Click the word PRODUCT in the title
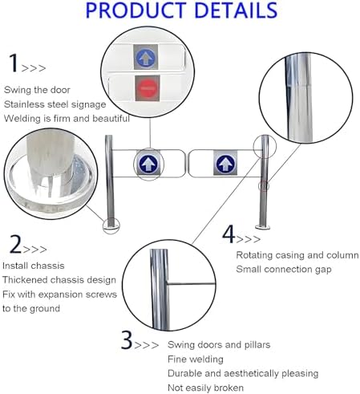click(x=131, y=11)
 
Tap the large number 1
click(x=13, y=63)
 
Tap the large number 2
click(x=14, y=244)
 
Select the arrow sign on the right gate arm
click(x=224, y=164)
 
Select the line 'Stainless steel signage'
click(x=55, y=104)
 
